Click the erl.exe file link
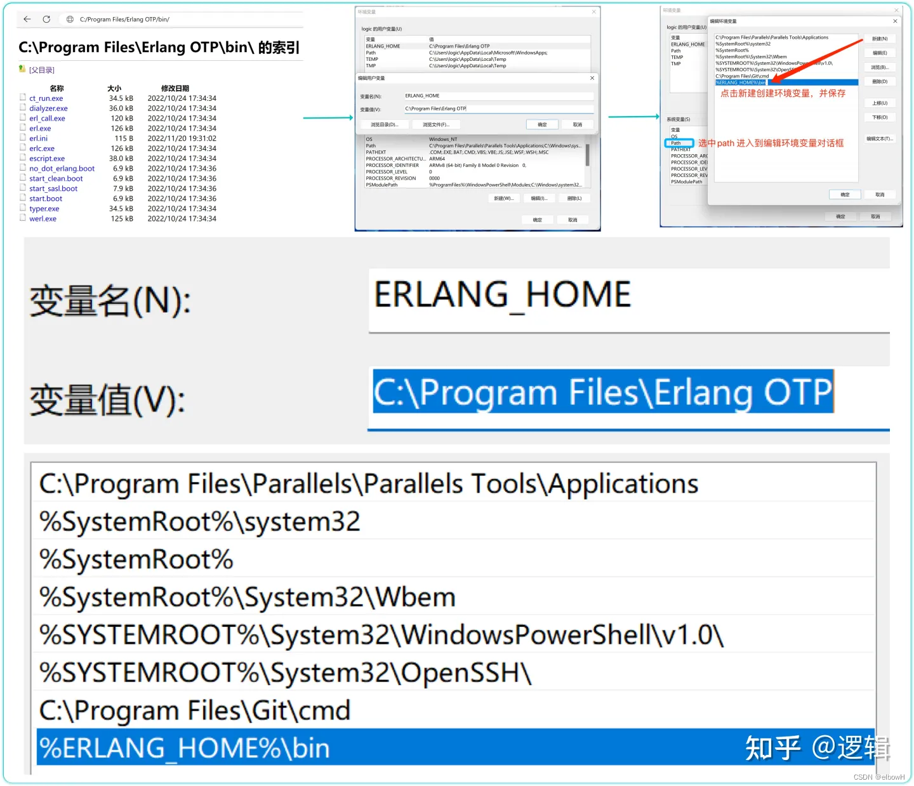point(40,128)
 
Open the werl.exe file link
point(43,219)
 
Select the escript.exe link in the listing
point(47,159)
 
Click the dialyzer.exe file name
point(48,108)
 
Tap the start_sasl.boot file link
point(53,188)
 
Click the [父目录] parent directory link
point(41,70)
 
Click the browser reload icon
point(46,20)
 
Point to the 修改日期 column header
point(175,88)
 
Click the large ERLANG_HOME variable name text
point(502,295)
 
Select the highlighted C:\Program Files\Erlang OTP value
point(602,392)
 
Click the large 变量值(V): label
point(108,400)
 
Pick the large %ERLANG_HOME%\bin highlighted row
point(184,748)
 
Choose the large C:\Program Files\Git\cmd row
point(194,711)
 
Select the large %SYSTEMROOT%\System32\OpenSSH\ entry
point(285,673)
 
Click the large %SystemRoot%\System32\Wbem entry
point(248,598)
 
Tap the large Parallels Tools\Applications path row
point(368,484)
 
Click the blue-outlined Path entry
point(678,143)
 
